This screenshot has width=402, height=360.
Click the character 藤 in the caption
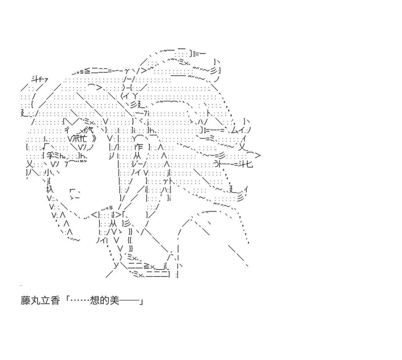[x=26, y=301]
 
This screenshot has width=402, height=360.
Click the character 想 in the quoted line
[x=95, y=301]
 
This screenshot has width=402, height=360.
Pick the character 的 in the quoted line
[x=105, y=301]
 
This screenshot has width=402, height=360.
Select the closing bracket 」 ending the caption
[x=141, y=301]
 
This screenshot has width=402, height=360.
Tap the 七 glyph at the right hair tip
[x=249, y=164]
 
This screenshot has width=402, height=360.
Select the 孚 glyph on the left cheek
[x=49, y=156]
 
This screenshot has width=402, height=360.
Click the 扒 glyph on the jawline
[x=50, y=189]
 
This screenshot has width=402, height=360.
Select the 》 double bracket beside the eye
[x=94, y=138]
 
